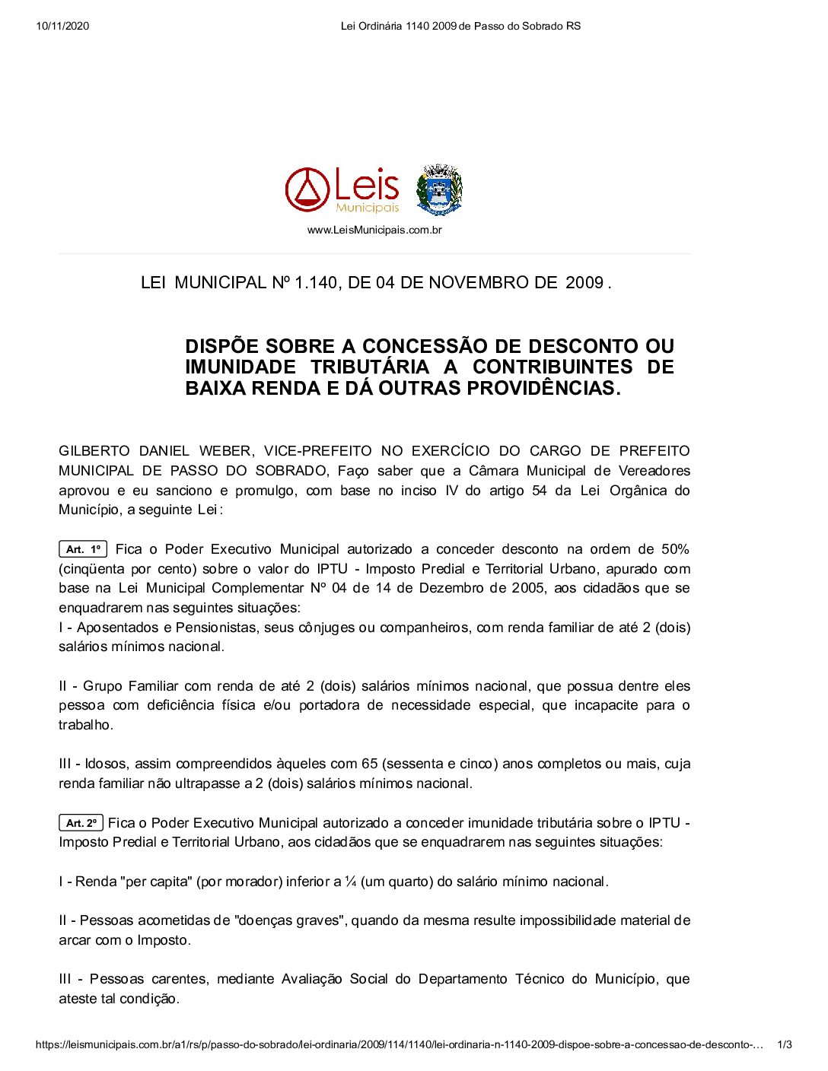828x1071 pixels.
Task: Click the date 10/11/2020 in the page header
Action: [62, 26]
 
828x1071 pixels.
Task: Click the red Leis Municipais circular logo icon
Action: [307, 190]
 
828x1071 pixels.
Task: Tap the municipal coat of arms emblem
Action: [439, 190]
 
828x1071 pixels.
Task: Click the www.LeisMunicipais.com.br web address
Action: [374, 230]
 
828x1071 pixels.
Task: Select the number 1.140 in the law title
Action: [315, 283]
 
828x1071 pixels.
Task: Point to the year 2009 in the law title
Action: [584, 283]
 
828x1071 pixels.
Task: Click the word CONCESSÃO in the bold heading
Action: [441, 347]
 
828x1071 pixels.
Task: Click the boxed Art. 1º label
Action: [83, 549]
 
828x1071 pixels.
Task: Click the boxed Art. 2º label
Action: [81, 823]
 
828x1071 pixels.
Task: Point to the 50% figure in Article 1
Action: [675, 549]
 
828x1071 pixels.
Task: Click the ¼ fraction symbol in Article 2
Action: [351, 882]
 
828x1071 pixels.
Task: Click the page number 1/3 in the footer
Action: [784, 1045]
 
